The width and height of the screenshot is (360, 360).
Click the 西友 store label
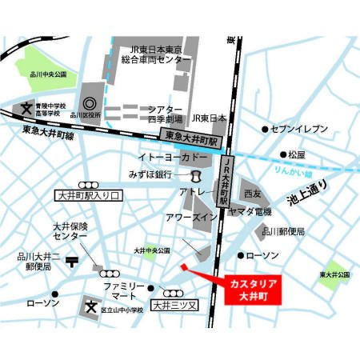tap(252, 194)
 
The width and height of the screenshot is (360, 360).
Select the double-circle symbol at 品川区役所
tap(89, 103)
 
